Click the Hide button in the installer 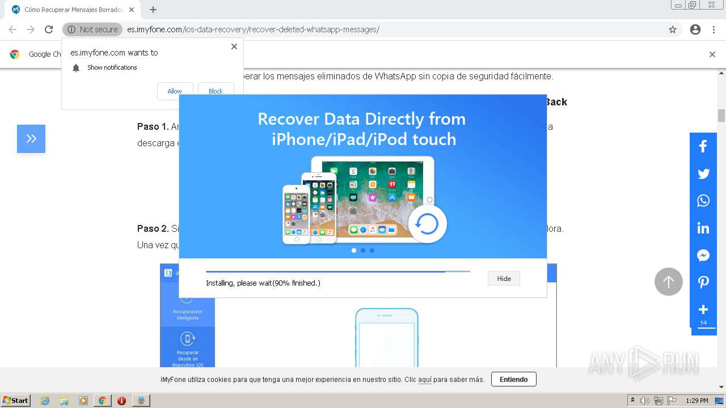click(x=504, y=278)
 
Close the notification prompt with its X click(x=234, y=46)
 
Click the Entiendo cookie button click(x=513, y=379)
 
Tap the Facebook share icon click(x=703, y=146)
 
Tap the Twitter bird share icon click(x=703, y=173)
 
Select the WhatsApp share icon click(x=703, y=201)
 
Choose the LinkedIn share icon click(x=703, y=228)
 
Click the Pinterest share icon click(x=703, y=282)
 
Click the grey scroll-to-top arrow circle click(x=669, y=282)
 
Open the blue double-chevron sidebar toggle click(x=31, y=139)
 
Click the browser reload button click(x=49, y=29)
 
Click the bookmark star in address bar click(x=673, y=29)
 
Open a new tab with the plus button click(x=153, y=10)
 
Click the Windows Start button click(x=16, y=401)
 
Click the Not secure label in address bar click(x=93, y=29)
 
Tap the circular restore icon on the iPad click(x=427, y=224)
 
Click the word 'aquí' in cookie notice click(x=424, y=380)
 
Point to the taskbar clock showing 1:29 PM click(x=697, y=401)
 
